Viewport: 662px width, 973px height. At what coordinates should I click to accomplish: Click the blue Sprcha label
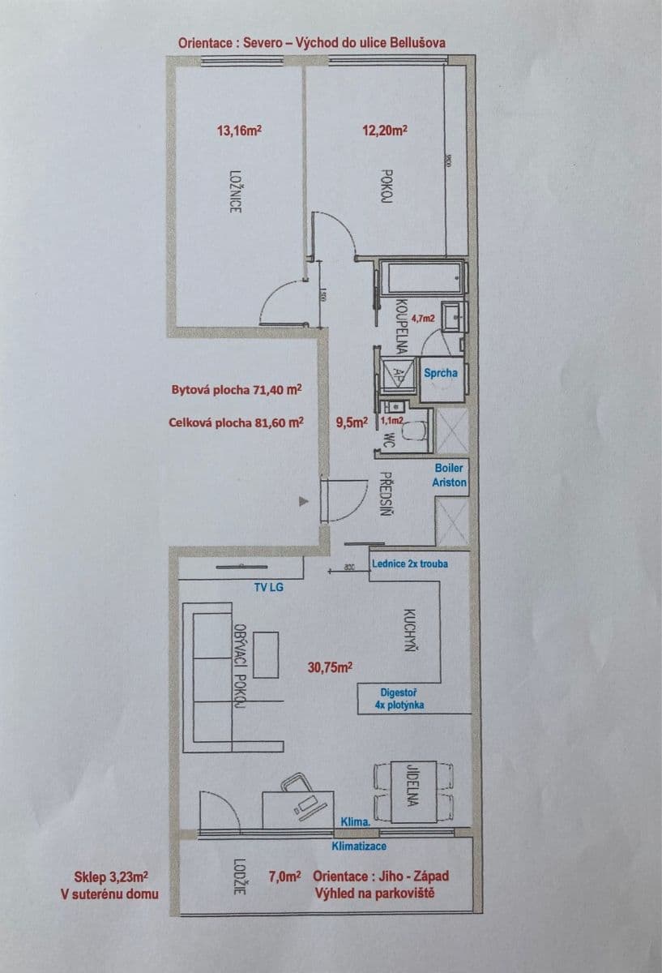pos(441,373)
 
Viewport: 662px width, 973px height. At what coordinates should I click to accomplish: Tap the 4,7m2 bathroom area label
pos(424,319)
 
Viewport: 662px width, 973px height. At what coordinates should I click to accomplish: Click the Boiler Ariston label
pos(450,475)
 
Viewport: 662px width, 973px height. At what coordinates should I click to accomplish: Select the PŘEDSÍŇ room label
pos(387,495)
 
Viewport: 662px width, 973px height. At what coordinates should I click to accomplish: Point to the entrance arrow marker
pos(304,502)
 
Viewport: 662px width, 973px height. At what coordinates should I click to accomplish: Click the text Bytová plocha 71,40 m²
pos(237,389)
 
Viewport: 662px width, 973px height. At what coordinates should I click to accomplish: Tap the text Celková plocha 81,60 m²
pos(237,422)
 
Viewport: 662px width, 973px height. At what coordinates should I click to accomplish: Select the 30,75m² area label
pos(330,667)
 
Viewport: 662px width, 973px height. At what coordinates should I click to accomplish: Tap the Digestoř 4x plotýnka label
pos(399,699)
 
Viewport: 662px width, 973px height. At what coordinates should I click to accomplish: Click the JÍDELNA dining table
pos(412,790)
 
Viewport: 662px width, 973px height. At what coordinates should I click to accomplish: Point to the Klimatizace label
pos(359,846)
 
